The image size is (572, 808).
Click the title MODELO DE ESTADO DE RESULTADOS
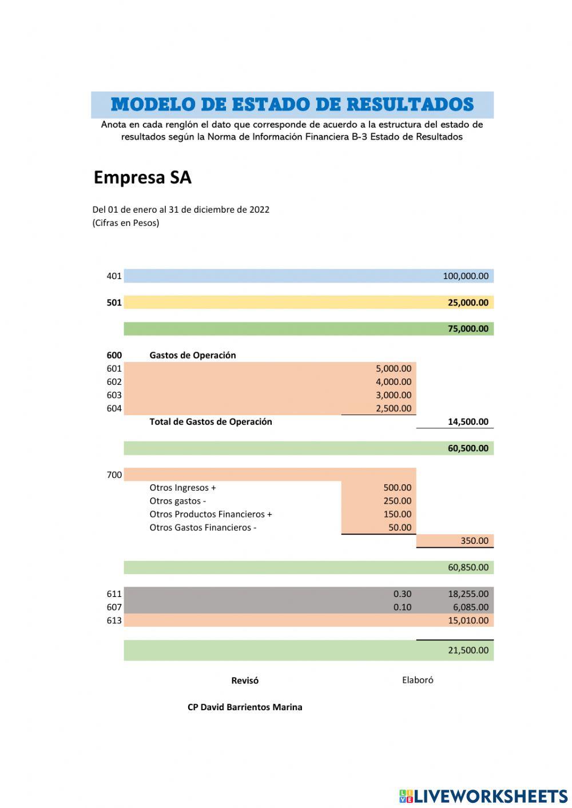pos(292,105)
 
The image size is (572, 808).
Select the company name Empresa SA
pos(142,178)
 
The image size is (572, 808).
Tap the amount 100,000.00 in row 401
pos(465,276)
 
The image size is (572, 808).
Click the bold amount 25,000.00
pos(467,302)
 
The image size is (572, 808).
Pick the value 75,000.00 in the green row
pos(467,329)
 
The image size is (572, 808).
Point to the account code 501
pos(114,302)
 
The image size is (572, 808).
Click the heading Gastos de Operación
pos(192,355)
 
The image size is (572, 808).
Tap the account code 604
pos(114,408)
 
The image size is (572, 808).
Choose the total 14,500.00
pos(467,422)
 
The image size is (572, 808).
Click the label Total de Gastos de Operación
pos(210,422)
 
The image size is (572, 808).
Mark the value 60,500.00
pos(467,448)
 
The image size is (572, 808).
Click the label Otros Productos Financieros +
pos(210,514)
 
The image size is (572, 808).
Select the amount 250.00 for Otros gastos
pos(397,501)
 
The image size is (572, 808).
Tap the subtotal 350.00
pos(474,541)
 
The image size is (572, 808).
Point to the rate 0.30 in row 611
pos(402,594)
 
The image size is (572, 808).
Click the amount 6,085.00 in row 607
pos(470,607)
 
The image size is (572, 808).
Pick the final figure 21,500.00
pos(467,650)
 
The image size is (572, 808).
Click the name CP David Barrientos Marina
pos(245,707)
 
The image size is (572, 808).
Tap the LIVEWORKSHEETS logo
pos(483,796)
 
